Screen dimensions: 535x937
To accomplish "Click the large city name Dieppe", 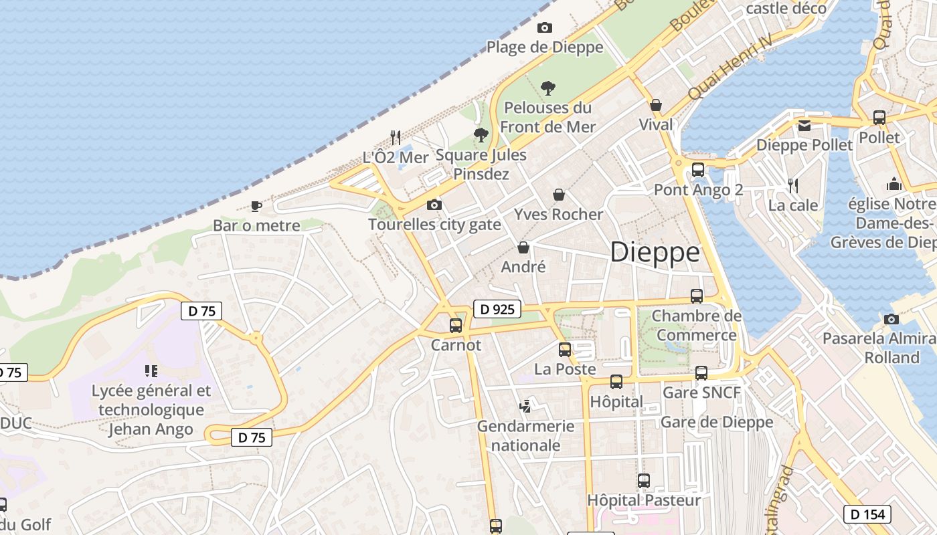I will point(655,253).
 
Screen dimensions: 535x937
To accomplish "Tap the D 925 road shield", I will point(497,309).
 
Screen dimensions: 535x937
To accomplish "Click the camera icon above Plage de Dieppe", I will point(545,27).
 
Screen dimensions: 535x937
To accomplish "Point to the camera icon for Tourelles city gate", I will point(434,205).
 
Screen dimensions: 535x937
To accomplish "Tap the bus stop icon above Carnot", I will point(456,326).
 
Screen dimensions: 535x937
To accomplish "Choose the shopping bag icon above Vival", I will point(656,105).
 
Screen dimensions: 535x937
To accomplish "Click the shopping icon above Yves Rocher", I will point(559,195).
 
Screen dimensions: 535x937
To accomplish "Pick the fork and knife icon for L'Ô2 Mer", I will point(396,137).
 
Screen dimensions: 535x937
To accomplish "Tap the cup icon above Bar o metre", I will point(256,206).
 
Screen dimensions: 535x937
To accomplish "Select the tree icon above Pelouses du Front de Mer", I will point(547,88).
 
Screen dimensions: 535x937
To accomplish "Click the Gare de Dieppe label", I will point(716,422).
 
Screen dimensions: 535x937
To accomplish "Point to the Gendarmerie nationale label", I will point(525,435).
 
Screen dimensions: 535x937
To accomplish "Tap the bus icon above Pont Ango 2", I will point(698,170).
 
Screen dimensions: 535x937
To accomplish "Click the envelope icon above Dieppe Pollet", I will point(804,125).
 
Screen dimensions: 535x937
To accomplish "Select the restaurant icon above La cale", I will point(793,185).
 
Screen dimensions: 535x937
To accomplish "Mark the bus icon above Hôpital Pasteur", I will point(644,481).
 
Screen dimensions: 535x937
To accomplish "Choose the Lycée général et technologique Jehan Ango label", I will point(151,409).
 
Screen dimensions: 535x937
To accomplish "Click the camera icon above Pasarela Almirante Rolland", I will point(891,319).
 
